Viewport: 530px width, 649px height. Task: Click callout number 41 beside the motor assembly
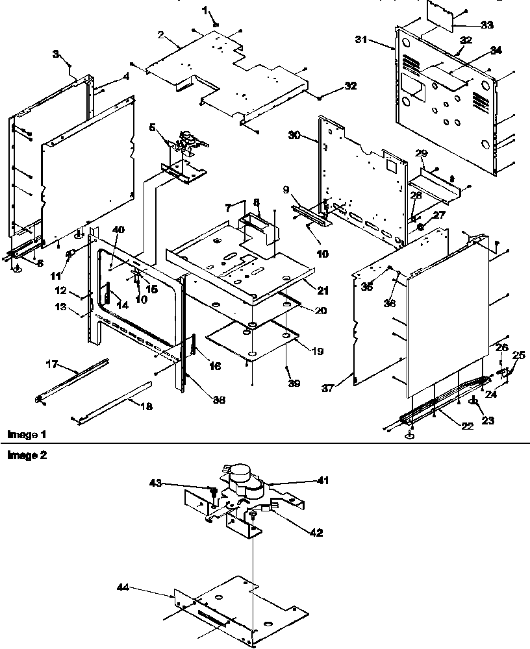(x=323, y=480)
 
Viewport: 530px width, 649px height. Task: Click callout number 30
(x=294, y=135)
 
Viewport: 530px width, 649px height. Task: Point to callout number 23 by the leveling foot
(x=488, y=420)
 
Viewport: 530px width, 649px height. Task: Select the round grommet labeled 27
(x=420, y=227)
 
